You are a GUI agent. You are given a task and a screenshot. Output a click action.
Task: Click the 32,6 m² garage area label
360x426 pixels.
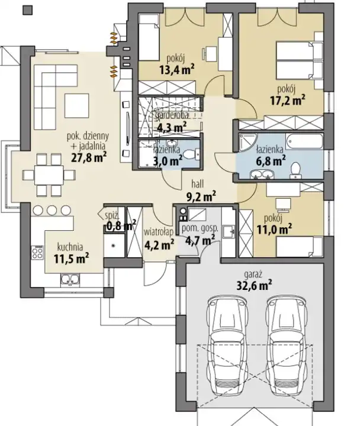click(254, 286)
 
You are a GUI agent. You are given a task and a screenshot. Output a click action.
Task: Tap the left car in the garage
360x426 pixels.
click(228, 346)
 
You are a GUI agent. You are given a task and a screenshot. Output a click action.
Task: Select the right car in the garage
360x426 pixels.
click(287, 346)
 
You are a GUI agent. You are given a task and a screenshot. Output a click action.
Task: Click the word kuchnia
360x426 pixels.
click(70, 247)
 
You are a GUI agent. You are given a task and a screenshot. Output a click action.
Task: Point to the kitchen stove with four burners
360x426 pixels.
click(37, 253)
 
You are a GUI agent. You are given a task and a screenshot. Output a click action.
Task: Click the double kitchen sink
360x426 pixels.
click(70, 279)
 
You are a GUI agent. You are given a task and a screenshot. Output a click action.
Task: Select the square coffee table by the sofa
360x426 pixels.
click(76, 105)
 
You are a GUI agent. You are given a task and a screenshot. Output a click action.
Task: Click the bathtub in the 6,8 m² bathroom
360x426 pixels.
click(304, 141)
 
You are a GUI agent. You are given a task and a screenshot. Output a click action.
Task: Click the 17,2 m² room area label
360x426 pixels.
click(287, 101)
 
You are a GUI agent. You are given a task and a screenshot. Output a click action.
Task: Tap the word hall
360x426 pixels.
click(197, 184)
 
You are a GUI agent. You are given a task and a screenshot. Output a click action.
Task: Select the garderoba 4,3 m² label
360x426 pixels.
click(171, 122)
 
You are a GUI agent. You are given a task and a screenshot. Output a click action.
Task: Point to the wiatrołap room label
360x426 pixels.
click(159, 233)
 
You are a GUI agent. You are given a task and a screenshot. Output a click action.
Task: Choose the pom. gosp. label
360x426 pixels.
click(200, 228)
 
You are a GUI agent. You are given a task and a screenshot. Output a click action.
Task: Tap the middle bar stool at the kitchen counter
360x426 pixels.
click(52, 210)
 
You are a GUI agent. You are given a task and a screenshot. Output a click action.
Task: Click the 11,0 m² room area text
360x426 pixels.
click(275, 230)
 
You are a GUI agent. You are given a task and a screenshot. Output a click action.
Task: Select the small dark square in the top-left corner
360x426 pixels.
click(28, 10)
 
